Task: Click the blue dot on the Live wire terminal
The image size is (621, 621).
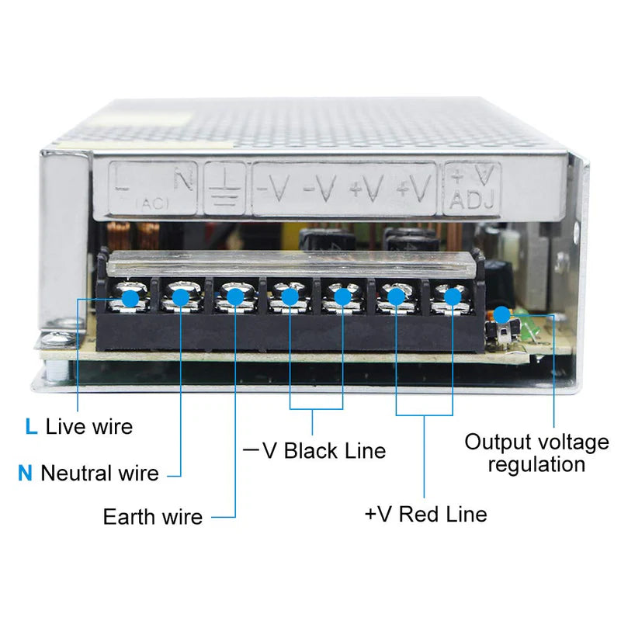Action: pyautogui.click(x=130, y=297)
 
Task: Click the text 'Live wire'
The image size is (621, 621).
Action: pyautogui.click(x=88, y=426)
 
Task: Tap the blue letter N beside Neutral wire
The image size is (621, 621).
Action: pyautogui.click(x=26, y=473)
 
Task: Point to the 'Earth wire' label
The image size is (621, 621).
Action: pyautogui.click(x=152, y=516)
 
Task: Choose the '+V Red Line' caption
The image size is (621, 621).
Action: pyautogui.click(x=425, y=513)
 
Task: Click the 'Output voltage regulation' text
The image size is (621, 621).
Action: pyautogui.click(x=536, y=453)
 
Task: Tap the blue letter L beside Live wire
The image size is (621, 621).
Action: pyautogui.click(x=31, y=426)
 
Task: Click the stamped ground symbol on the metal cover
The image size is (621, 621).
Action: pyautogui.click(x=224, y=188)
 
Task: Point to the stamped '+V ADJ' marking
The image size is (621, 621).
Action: pyautogui.click(x=472, y=188)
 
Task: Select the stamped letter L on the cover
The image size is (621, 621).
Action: pyautogui.click(x=121, y=180)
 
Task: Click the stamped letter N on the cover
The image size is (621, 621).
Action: pyautogui.click(x=182, y=180)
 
